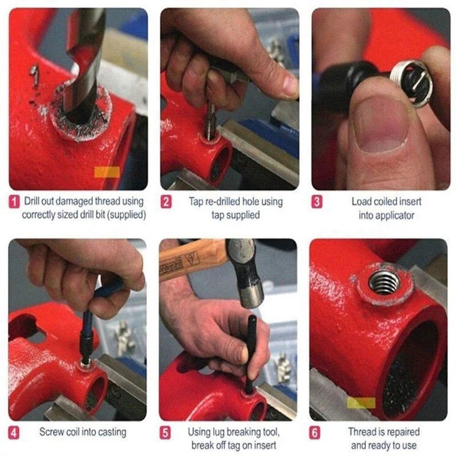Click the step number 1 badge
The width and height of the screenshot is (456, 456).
(x=14, y=201)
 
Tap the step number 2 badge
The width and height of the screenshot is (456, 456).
(x=166, y=201)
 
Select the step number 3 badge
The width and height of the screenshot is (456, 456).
(x=317, y=201)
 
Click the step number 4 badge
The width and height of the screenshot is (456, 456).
(x=14, y=432)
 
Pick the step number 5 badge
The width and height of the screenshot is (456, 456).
(x=166, y=432)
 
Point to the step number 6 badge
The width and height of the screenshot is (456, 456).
(x=316, y=432)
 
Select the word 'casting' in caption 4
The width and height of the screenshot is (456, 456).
(x=112, y=432)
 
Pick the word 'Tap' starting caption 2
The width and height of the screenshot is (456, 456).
(x=196, y=201)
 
